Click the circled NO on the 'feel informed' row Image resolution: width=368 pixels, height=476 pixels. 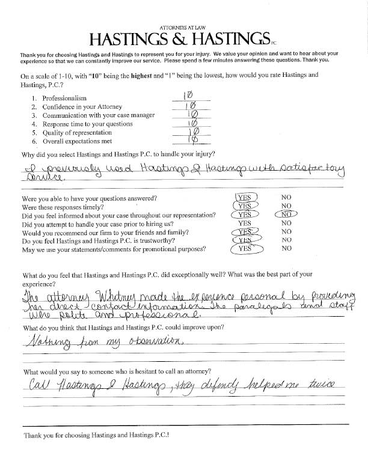click(286, 213)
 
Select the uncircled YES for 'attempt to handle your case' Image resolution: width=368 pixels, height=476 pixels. click(244, 222)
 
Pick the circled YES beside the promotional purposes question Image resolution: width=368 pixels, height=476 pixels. click(245, 248)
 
